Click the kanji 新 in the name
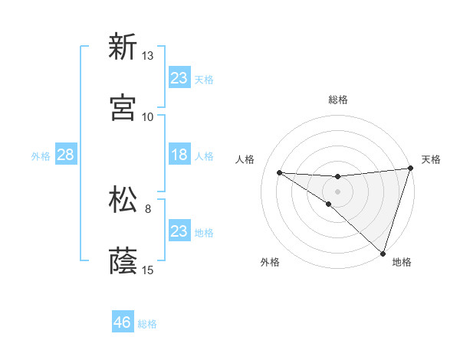click(x=123, y=47)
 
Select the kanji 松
click(x=123, y=200)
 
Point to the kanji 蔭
click(x=123, y=261)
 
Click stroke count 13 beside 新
click(x=148, y=56)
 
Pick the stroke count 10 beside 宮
click(x=148, y=117)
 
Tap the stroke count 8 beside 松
click(x=148, y=208)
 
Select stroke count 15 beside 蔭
click(x=148, y=270)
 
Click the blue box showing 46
click(x=123, y=322)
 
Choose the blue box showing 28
click(x=66, y=155)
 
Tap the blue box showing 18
click(x=179, y=155)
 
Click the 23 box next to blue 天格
click(x=179, y=78)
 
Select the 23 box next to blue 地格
click(x=179, y=231)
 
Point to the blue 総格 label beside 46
click(x=147, y=324)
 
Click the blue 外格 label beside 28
click(x=41, y=155)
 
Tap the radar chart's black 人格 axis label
click(x=245, y=159)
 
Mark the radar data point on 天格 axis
click(x=411, y=169)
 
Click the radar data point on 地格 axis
click(x=383, y=254)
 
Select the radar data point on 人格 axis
click(x=279, y=172)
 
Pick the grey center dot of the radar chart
click(x=337, y=190)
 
